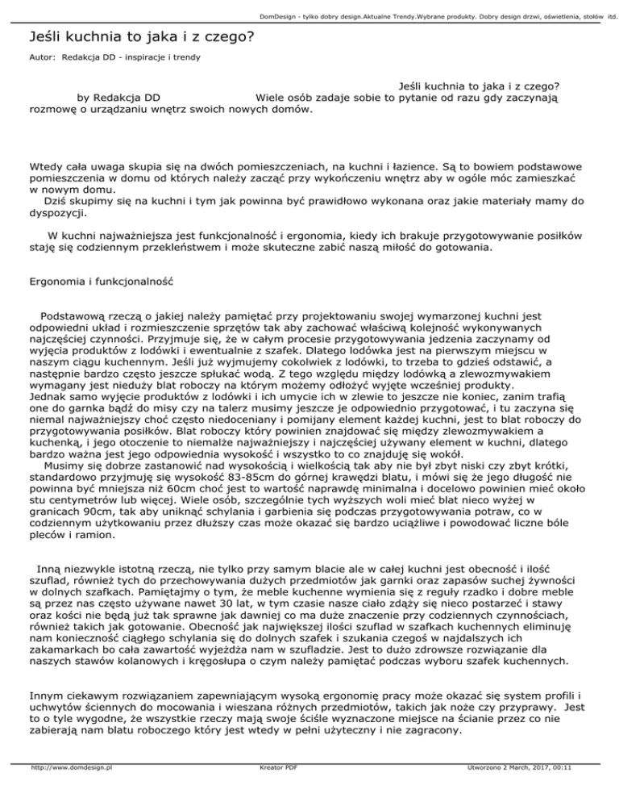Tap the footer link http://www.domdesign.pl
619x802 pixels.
tap(69, 792)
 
